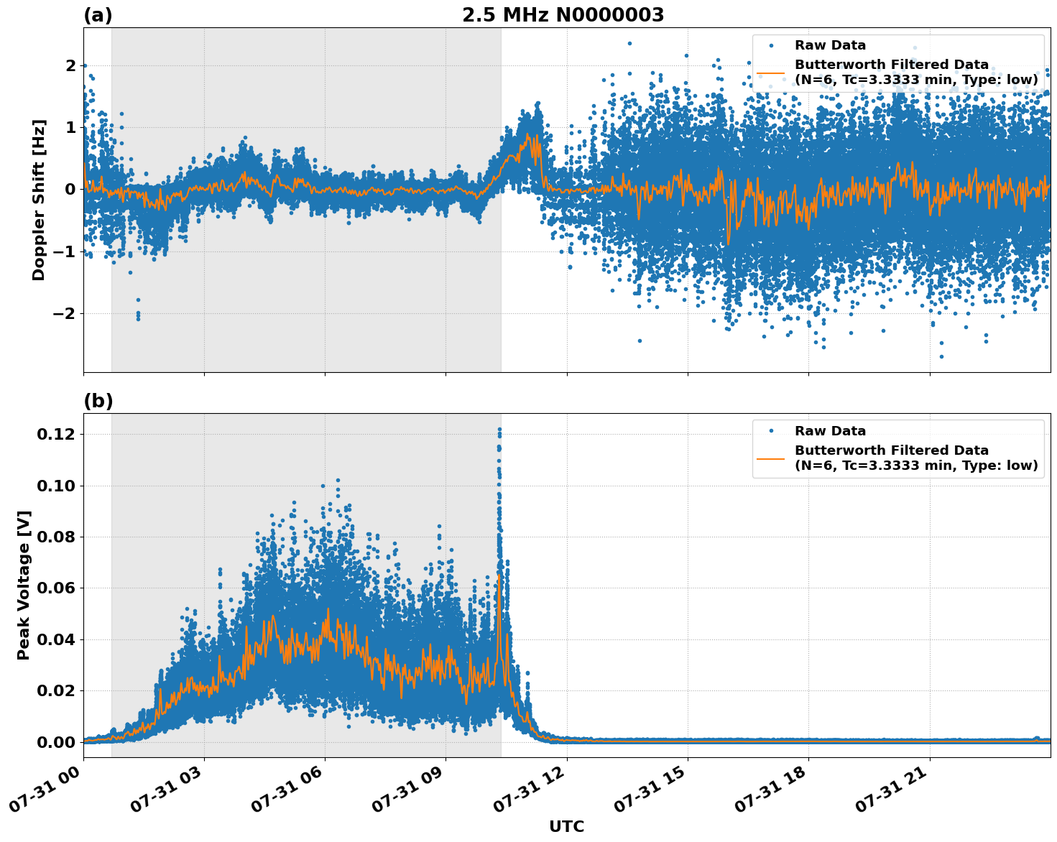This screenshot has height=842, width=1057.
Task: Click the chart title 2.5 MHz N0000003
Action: (563, 15)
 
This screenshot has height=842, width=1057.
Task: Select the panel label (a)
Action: (98, 15)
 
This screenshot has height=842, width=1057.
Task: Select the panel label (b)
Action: (98, 401)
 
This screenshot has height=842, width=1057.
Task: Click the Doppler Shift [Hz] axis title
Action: (39, 200)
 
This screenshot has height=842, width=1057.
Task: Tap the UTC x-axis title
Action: (566, 826)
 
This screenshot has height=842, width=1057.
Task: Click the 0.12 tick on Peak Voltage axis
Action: (55, 435)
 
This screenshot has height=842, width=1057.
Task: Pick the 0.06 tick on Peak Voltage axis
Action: (55, 588)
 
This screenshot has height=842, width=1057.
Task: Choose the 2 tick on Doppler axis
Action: (70, 66)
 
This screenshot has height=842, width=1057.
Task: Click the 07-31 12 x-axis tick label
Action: (527, 789)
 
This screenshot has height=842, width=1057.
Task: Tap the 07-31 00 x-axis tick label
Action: (45, 789)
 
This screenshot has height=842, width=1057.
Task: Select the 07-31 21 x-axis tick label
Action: (890, 789)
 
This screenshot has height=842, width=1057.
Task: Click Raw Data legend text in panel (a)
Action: (830, 45)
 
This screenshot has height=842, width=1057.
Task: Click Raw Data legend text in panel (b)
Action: (830, 431)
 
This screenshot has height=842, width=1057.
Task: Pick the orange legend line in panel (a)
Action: (770, 73)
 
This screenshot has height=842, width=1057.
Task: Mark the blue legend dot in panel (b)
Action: (770, 431)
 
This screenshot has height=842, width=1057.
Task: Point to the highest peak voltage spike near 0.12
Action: (499, 430)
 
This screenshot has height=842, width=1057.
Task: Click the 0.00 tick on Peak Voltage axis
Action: (55, 742)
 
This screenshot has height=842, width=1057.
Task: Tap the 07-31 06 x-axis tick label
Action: (286, 789)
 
